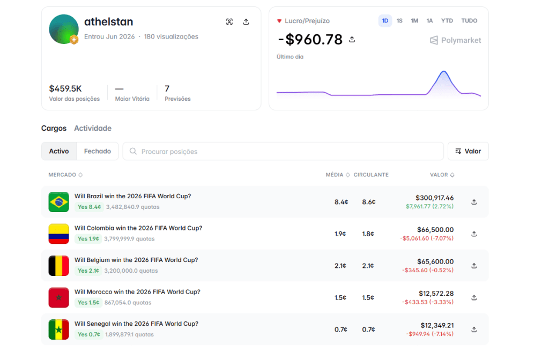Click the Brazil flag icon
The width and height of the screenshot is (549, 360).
click(x=59, y=202)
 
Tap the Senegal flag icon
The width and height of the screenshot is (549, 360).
click(x=59, y=329)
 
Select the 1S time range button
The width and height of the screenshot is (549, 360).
click(x=399, y=21)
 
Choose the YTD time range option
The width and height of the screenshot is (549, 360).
click(x=447, y=21)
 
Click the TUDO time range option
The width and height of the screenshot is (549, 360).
click(x=469, y=21)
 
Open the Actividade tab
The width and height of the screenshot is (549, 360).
click(x=93, y=128)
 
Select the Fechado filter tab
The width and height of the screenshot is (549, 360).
click(x=98, y=151)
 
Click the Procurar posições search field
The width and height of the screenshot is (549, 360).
click(x=283, y=151)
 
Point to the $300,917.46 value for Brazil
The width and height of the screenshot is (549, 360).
click(x=434, y=198)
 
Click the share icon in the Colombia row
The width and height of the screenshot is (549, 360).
click(x=474, y=234)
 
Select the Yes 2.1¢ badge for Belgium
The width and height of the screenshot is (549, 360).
click(x=88, y=271)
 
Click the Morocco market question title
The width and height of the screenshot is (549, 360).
click(x=137, y=292)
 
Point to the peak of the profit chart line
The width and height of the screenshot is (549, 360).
click(x=444, y=71)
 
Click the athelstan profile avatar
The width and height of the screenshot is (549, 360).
click(x=64, y=29)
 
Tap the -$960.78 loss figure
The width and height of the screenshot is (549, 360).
click(x=310, y=40)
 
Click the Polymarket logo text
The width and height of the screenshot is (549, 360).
click(x=461, y=40)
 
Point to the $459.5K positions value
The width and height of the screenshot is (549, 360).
click(x=65, y=88)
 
